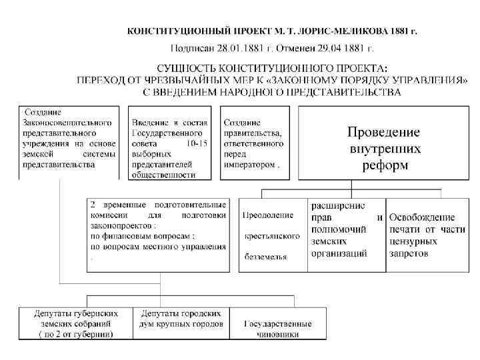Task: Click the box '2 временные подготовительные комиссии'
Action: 157,233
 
